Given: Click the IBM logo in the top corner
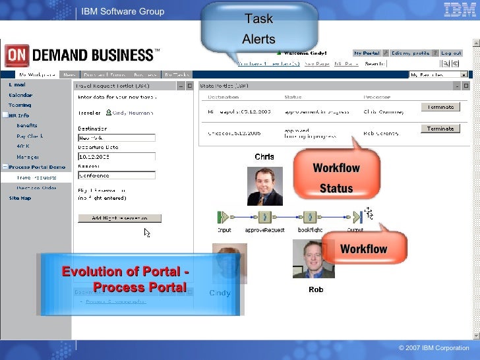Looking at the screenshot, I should (x=457, y=10).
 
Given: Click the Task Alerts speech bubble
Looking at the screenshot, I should (x=259, y=28).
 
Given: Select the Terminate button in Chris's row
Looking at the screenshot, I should (x=440, y=107).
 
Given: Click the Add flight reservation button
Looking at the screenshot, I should (x=119, y=218).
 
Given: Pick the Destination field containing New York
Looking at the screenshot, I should (x=116, y=138).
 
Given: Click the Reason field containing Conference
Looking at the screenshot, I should (x=116, y=175).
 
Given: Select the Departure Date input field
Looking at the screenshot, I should (x=116, y=157).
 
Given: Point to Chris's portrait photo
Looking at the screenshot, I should (x=264, y=185).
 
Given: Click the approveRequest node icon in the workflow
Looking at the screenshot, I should (x=264, y=217).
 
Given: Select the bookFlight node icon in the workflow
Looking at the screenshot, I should (x=310, y=217).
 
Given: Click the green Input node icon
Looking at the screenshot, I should (x=223, y=217).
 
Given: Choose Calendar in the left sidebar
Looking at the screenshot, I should (x=20, y=95).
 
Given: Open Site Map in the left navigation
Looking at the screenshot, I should (x=20, y=198).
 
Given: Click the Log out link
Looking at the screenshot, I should (x=451, y=53).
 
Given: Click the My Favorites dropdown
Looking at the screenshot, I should (x=438, y=75).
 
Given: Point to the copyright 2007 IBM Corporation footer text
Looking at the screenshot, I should (x=434, y=348).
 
